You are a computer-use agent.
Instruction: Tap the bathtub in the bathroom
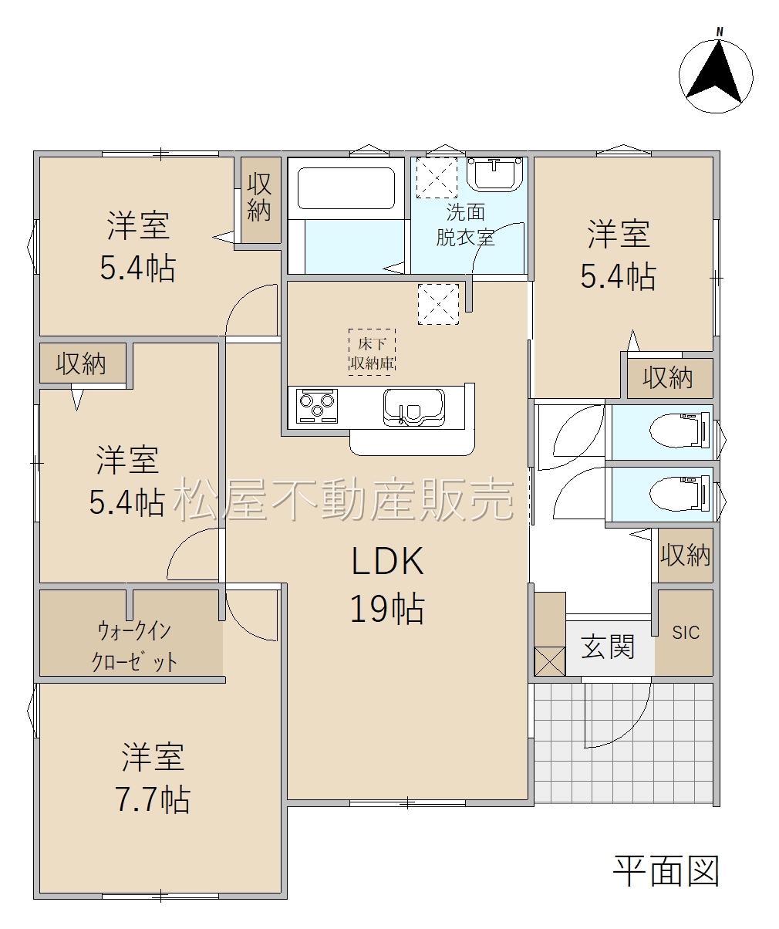(x=346, y=187)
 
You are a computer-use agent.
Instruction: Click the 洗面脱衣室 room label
(x=465, y=225)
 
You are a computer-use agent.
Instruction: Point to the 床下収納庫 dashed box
(x=372, y=352)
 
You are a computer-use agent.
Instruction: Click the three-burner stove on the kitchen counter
(x=317, y=406)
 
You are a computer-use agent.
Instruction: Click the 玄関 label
(x=608, y=647)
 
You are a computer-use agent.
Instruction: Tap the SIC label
(x=686, y=633)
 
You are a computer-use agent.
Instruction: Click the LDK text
(x=387, y=562)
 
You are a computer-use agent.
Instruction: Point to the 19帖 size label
(x=387, y=609)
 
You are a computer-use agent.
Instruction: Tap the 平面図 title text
(x=666, y=871)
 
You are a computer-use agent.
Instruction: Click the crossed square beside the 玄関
(x=550, y=661)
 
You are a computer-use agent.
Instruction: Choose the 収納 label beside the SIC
(x=685, y=554)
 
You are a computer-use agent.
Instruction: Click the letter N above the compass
(x=720, y=32)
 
